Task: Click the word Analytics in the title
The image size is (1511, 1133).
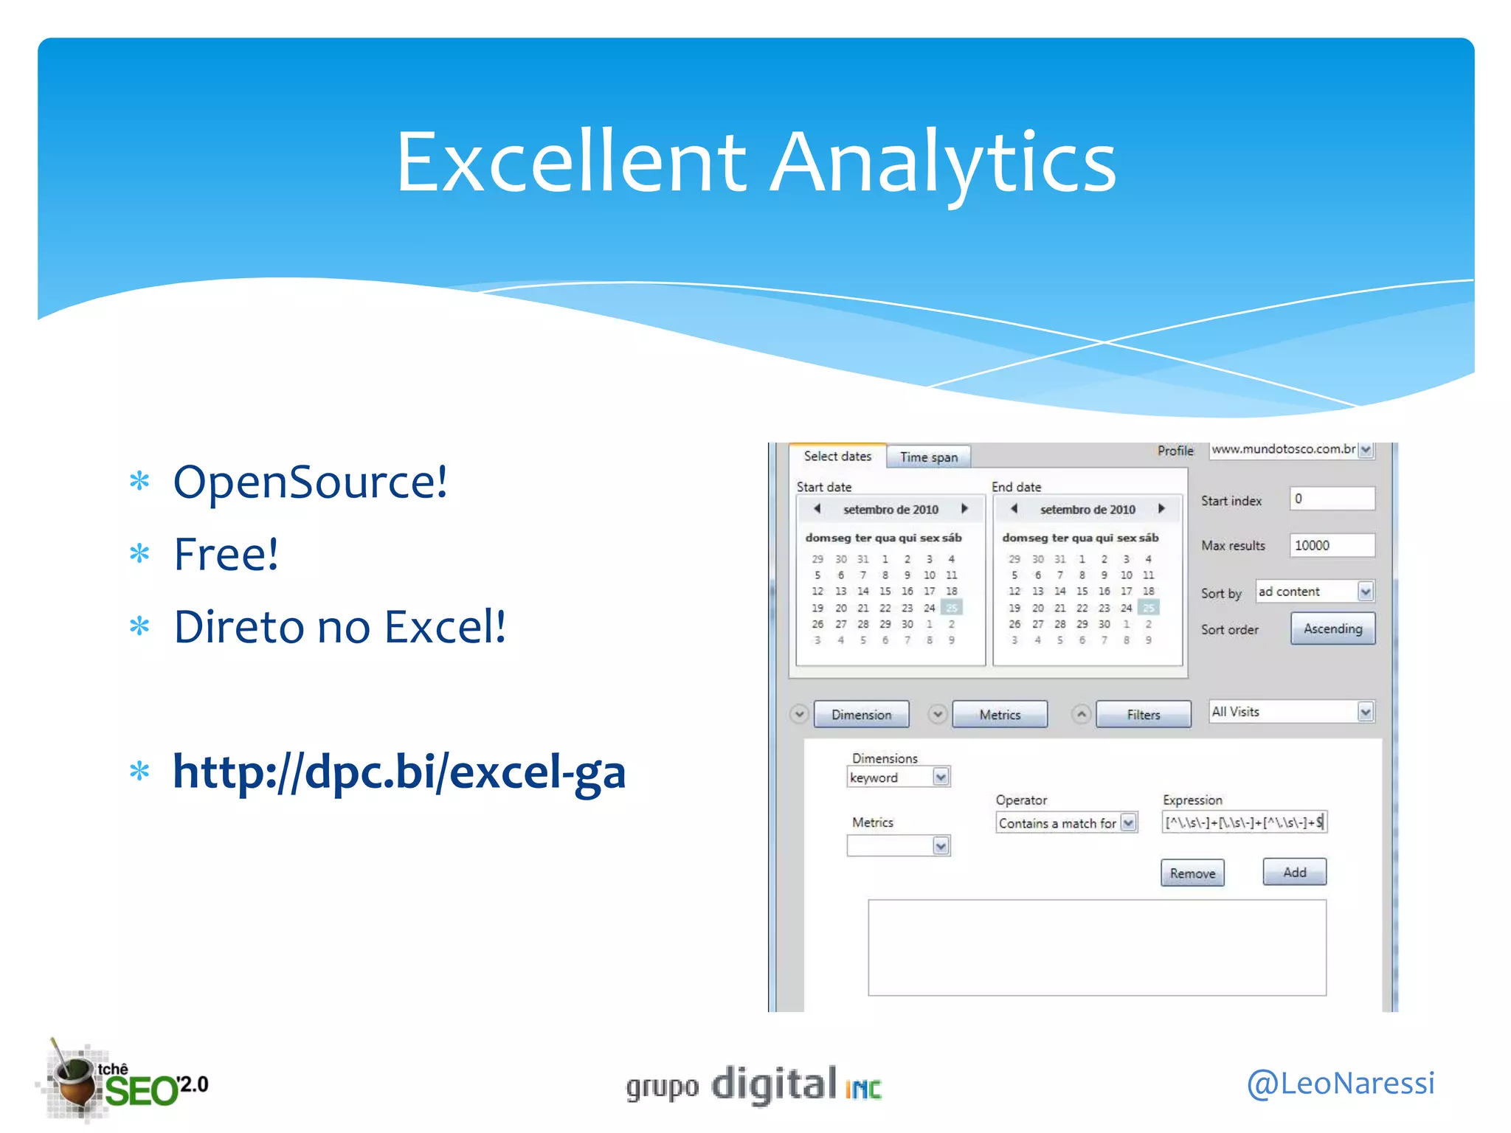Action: point(944,162)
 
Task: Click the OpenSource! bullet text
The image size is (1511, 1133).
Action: point(310,482)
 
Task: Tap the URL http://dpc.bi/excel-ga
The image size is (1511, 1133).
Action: point(398,772)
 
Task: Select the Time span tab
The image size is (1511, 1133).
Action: point(928,457)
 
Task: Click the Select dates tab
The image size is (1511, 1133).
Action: point(837,457)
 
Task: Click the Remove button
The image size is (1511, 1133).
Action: point(1192,873)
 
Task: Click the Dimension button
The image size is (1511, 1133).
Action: point(861,715)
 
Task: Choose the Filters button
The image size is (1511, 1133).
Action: point(1143,715)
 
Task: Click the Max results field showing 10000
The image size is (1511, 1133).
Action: point(1331,545)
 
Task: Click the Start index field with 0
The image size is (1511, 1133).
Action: point(1331,499)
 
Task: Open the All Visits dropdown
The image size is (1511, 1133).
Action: point(1365,712)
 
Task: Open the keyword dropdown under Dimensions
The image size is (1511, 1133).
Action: point(940,777)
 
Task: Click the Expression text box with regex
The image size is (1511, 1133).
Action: point(1244,822)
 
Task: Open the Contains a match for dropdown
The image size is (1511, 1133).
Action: point(1128,823)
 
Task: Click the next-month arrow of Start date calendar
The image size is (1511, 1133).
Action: point(964,509)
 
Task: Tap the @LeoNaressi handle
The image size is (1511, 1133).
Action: point(1340,1083)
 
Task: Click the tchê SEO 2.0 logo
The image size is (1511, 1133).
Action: point(125,1083)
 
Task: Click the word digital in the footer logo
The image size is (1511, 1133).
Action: point(773,1084)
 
